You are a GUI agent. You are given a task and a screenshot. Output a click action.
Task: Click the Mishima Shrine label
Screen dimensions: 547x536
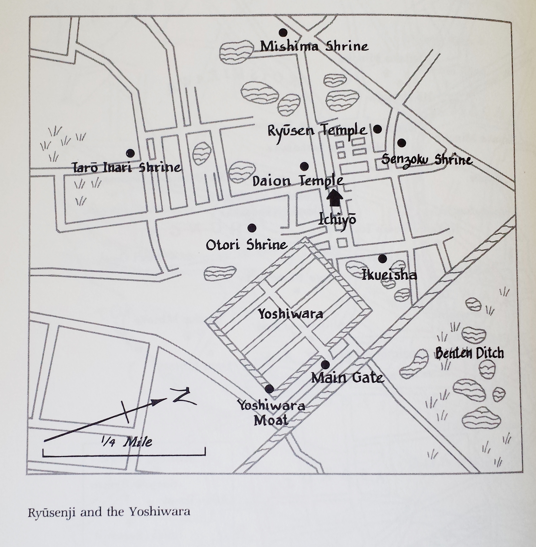314,46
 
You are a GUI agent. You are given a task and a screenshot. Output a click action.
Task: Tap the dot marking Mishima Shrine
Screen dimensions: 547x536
283,32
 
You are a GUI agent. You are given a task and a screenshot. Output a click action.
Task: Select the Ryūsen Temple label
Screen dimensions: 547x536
317,131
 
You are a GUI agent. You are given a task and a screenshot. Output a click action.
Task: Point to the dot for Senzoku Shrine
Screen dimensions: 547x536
402,143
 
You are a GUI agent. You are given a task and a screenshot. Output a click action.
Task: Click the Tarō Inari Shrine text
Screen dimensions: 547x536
127,168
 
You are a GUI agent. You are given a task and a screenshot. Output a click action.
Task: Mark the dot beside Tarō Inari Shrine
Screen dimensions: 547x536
130,153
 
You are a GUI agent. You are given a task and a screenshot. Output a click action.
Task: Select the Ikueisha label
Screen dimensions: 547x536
389,275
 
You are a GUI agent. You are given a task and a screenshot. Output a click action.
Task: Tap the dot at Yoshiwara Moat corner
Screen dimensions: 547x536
269,389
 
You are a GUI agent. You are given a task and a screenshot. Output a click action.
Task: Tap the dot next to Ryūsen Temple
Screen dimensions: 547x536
377,129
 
